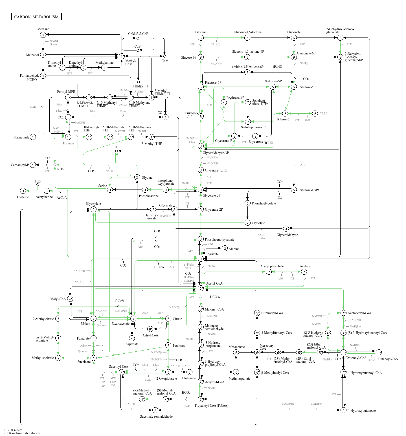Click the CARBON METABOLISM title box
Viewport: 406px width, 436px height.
[36, 17]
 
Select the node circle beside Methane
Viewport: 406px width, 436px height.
[43, 35]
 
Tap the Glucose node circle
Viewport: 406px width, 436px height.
[201, 38]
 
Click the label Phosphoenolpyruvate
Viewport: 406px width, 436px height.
[219, 239]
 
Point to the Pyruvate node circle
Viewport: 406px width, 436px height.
[201, 259]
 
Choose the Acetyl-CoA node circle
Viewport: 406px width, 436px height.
[201, 288]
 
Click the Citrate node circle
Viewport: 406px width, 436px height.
[168, 319]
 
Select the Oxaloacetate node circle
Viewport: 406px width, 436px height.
[133, 318]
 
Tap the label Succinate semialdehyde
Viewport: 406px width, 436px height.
[156, 417]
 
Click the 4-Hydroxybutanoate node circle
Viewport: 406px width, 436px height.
[343, 410]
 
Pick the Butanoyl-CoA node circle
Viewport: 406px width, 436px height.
[379, 352]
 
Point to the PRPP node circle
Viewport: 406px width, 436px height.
[315, 114]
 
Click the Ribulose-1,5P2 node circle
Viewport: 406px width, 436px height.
[294, 190]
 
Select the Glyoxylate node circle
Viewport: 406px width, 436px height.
[93, 210]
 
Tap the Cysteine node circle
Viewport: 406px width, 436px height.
[23, 191]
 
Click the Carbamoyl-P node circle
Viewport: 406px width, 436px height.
[33, 165]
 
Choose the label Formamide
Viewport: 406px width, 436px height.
[21, 137]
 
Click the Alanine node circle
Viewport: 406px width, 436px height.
[225, 248]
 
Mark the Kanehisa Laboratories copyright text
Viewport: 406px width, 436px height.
[22, 433]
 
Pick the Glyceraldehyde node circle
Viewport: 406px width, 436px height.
[286, 228]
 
